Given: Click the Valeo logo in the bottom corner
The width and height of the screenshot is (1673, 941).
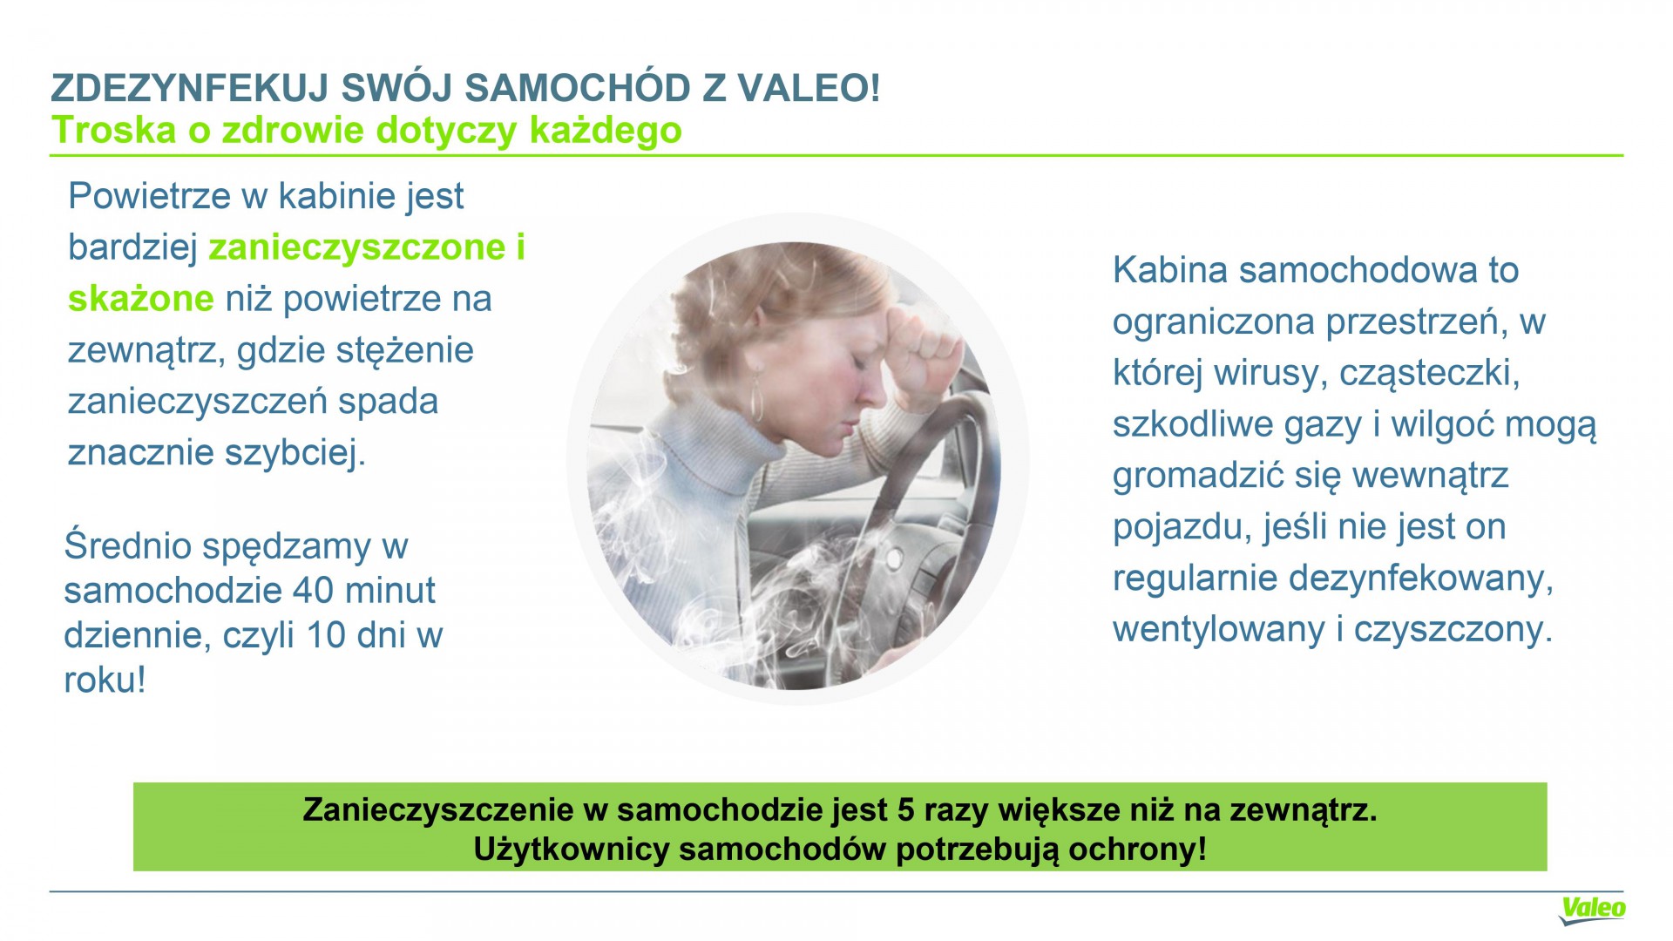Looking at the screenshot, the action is point(1592,910).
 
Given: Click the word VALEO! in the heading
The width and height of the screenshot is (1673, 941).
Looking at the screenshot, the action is point(809,88).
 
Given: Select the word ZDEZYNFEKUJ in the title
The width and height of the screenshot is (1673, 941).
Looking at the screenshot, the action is point(189,88).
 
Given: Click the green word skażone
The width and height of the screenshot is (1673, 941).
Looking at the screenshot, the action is point(140,298).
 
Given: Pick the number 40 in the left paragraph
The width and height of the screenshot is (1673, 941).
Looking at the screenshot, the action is point(313,590).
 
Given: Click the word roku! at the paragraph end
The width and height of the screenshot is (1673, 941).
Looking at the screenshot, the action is point(105,680).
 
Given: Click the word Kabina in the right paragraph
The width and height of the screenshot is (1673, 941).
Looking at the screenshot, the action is point(1170,270).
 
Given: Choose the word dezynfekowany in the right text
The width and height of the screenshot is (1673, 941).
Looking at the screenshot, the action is point(1417,579).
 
